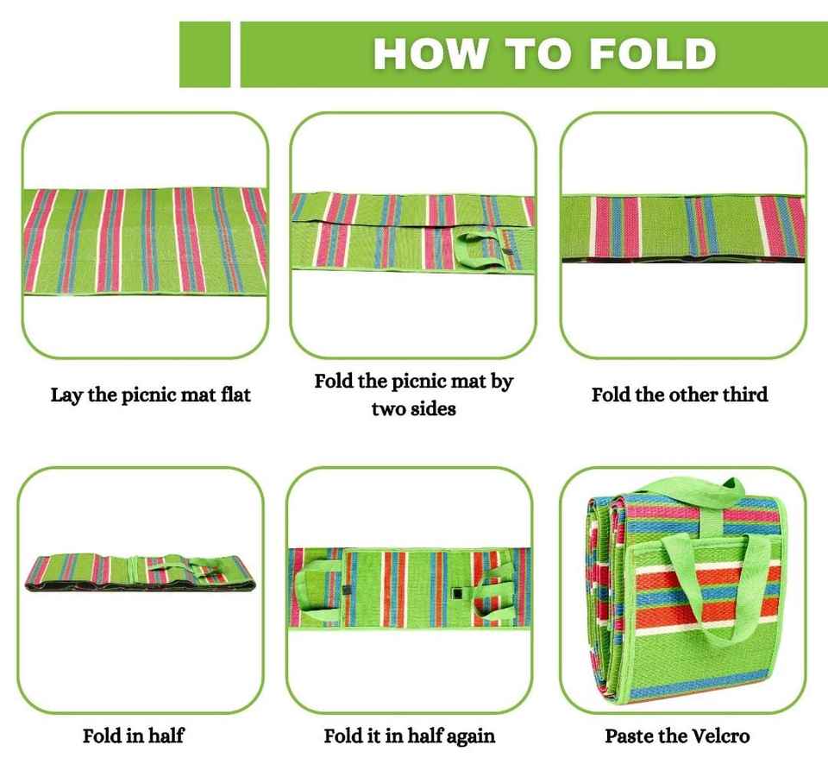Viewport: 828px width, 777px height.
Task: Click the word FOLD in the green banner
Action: tap(653, 54)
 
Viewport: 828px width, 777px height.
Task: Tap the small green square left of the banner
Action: tap(205, 54)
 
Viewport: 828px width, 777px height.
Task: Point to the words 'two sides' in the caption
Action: tap(413, 408)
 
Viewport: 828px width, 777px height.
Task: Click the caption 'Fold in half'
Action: tap(134, 736)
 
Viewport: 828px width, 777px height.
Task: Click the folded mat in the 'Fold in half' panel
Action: tap(141, 573)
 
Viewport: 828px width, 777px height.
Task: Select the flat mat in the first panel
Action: tap(145, 241)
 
